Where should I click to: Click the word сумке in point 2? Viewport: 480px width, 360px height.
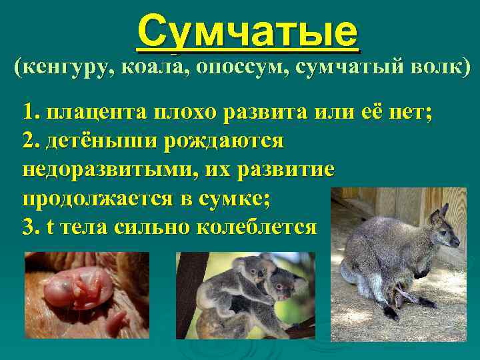pos(240,199)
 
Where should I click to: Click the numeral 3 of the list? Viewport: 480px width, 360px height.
pos(28,227)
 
